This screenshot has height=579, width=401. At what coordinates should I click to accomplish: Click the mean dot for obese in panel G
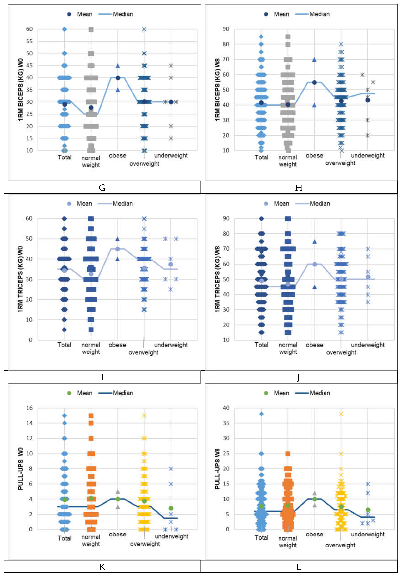[118, 78]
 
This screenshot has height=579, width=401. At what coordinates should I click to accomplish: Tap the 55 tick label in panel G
[29, 41]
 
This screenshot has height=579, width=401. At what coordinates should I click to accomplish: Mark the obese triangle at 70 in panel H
[314, 59]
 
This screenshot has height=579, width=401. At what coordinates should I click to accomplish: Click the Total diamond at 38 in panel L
[261, 414]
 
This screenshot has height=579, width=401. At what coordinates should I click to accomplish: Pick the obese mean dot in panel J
[315, 264]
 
